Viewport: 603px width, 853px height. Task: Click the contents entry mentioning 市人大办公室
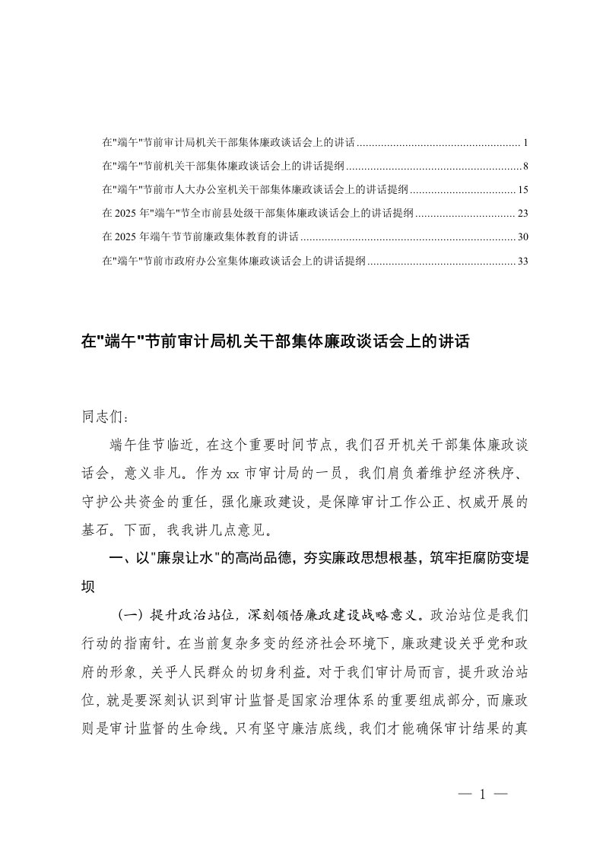tap(255, 189)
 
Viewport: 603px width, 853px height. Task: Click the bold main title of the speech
tap(277, 343)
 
